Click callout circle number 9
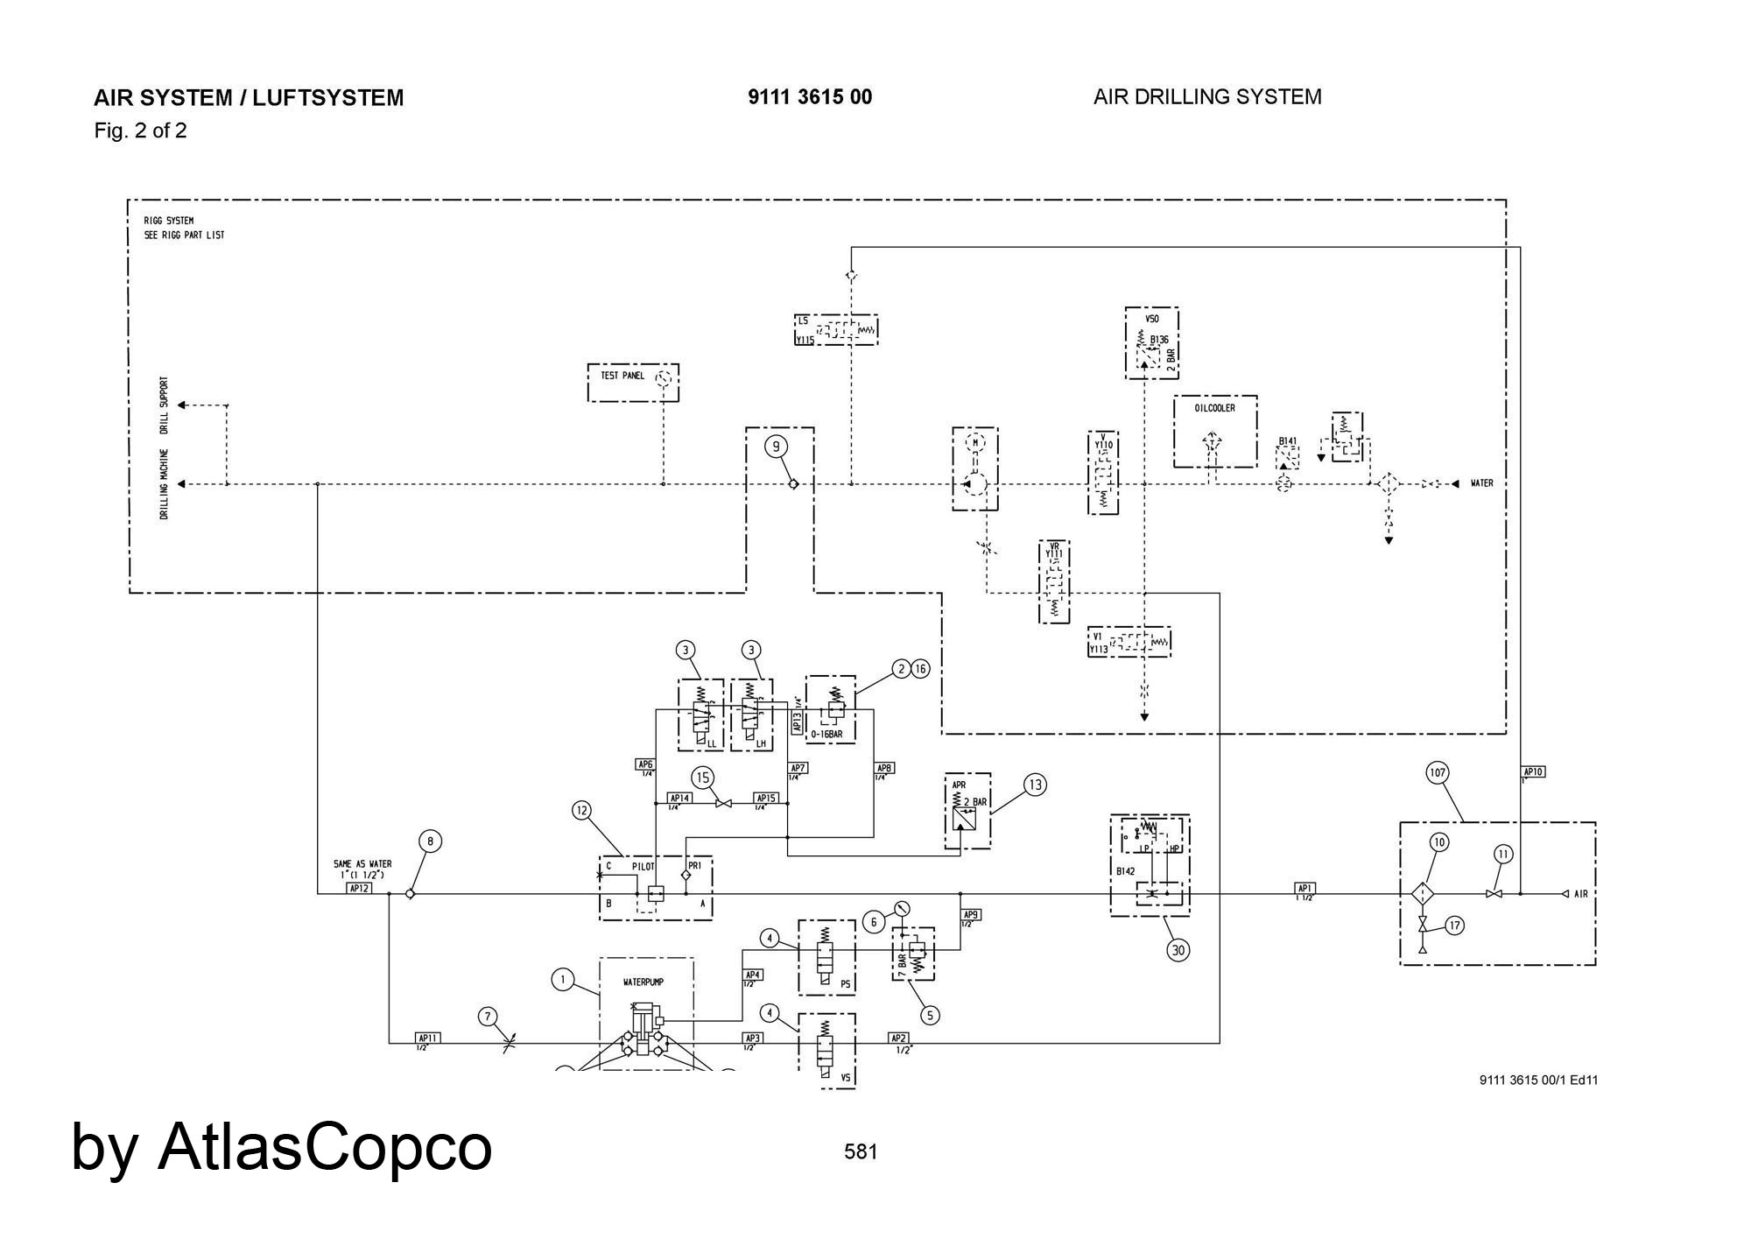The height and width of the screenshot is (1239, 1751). pyautogui.click(x=776, y=447)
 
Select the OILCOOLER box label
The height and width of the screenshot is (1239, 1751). pyautogui.click(x=1214, y=408)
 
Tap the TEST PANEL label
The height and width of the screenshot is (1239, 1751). pyautogui.click(x=622, y=376)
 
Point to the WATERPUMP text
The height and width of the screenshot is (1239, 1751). pyautogui.click(x=643, y=982)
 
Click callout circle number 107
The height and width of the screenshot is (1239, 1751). pyautogui.click(x=1437, y=772)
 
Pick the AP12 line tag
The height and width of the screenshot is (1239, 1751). pyautogui.click(x=359, y=888)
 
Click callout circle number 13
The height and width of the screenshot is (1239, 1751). pyautogui.click(x=1035, y=785)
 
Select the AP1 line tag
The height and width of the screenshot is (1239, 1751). pyautogui.click(x=1304, y=888)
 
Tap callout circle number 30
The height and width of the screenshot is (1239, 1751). pyautogui.click(x=1178, y=950)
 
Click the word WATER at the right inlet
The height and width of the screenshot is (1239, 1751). pyautogui.click(x=1481, y=483)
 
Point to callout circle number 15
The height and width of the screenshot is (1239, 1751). pyautogui.click(x=701, y=777)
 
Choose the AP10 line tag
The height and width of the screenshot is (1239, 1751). pyautogui.click(x=1533, y=771)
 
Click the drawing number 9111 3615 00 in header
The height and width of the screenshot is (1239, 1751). pyautogui.click(x=810, y=97)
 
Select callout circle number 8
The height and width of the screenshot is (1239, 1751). pyautogui.click(x=430, y=841)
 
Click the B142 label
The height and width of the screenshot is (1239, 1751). pyautogui.click(x=1125, y=871)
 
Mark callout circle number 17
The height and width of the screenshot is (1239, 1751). pyautogui.click(x=1454, y=926)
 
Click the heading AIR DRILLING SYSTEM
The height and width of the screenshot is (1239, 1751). pyautogui.click(x=1207, y=97)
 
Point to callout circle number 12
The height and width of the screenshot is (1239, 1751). pyautogui.click(x=582, y=811)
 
